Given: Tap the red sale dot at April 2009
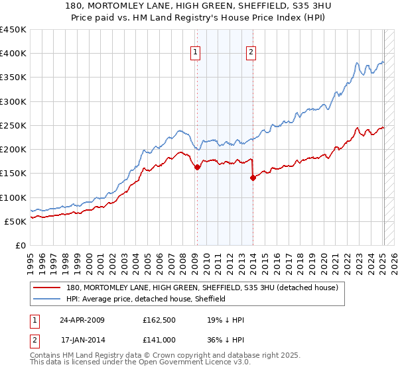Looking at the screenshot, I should [x=197, y=168].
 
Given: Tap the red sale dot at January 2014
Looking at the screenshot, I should [x=253, y=178].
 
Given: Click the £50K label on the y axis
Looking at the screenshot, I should [x=15, y=221].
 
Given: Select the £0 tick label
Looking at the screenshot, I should [x=21, y=245].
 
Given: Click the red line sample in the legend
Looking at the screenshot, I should [x=48, y=288].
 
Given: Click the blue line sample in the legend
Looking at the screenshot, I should [x=48, y=299].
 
